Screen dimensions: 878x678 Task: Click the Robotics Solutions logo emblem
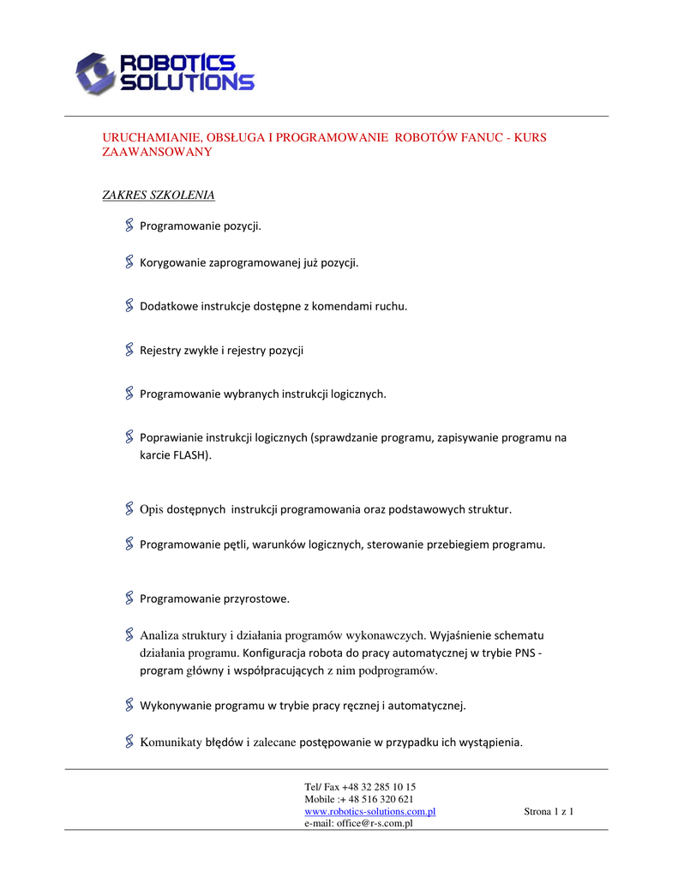tap(94, 73)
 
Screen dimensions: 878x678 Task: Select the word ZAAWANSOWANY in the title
tap(157, 152)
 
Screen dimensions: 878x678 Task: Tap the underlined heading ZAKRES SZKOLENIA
tap(159, 195)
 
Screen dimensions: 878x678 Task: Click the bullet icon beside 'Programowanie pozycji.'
tap(129, 226)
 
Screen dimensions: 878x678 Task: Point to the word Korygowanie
tap(173, 262)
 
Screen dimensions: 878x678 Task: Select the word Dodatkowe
tap(169, 306)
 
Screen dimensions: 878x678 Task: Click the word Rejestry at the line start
tap(160, 350)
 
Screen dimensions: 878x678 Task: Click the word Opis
tap(151, 509)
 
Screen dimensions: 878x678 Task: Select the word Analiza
tap(159, 635)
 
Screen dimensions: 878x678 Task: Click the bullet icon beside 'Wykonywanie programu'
tap(129, 705)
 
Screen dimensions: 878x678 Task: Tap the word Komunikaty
tap(171, 742)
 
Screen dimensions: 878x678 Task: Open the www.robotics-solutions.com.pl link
tap(370, 811)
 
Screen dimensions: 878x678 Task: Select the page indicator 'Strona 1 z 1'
tap(548, 811)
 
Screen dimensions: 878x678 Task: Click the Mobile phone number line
tap(359, 799)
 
